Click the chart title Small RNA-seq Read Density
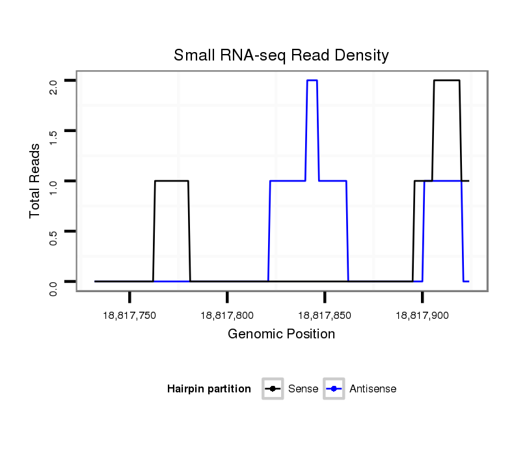click(281, 56)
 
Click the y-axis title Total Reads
click(36, 181)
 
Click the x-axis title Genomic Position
click(281, 334)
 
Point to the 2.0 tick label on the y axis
click(54, 87)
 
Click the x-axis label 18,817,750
click(129, 316)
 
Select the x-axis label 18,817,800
click(227, 316)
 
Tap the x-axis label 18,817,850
click(325, 316)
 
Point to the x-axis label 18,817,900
click(422, 316)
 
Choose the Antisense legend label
click(373, 389)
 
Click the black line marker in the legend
click(273, 389)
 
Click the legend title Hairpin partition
click(209, 389)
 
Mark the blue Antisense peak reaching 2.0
click(312, 80)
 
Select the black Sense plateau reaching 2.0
click(446, 80)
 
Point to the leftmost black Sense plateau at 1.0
click(171, 181)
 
